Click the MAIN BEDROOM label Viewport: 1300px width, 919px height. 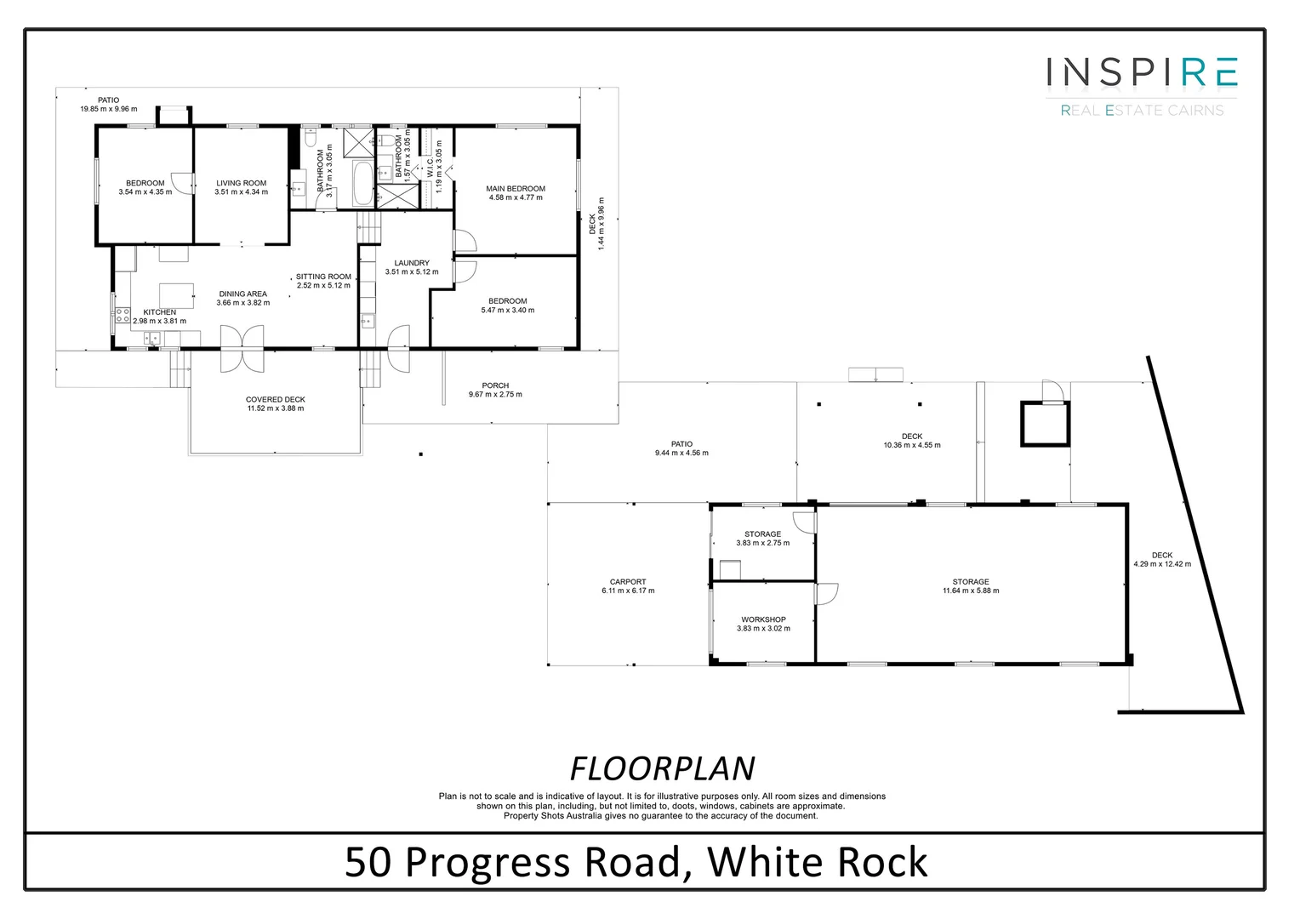tap(515, 189)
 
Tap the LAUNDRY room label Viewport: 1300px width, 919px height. tap(412, 263)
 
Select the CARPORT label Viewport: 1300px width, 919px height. tap(628, 582)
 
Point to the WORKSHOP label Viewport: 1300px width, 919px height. tap(763, 619)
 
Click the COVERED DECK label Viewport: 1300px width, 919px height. tap(276, 399)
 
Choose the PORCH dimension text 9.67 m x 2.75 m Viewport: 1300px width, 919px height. tap(495, 395)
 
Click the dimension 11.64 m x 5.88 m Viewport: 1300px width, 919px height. tap(971, 591)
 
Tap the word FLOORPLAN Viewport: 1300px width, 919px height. tap(662, 768)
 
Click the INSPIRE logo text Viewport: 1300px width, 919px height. tap(1141, 73)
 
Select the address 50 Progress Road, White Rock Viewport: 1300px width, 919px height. tap(636, 862)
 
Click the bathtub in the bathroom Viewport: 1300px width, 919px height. tap(362, 184)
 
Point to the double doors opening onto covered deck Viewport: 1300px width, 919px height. tap(242, 349)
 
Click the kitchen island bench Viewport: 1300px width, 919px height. tap(176, 295)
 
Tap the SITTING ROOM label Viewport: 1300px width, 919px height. tap(323, 277)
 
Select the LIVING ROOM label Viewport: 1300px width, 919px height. tap(241, 183)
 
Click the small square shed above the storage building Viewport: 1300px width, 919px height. tap(1044, 424)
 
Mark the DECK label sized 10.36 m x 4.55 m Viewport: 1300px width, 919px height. tap(912, 437)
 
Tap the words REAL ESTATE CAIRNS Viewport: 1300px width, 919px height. tap(1142, 111)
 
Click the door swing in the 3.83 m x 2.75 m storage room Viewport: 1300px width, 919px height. tap(803, 522)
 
